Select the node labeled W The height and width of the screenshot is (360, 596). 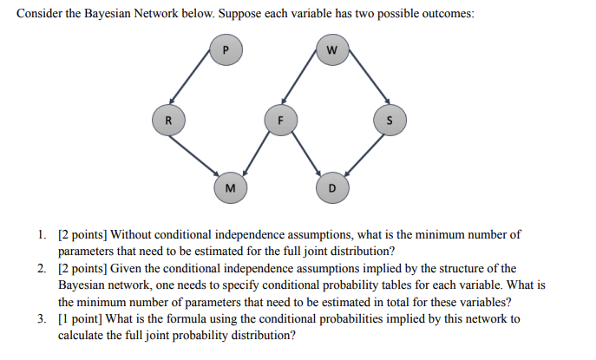(331, 50)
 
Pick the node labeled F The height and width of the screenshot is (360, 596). (279, 120)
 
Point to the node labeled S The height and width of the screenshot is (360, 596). (388, 120)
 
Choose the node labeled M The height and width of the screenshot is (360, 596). (228, 187)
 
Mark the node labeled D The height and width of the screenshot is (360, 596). (331, 187)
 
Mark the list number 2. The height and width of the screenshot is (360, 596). (42, 268)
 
